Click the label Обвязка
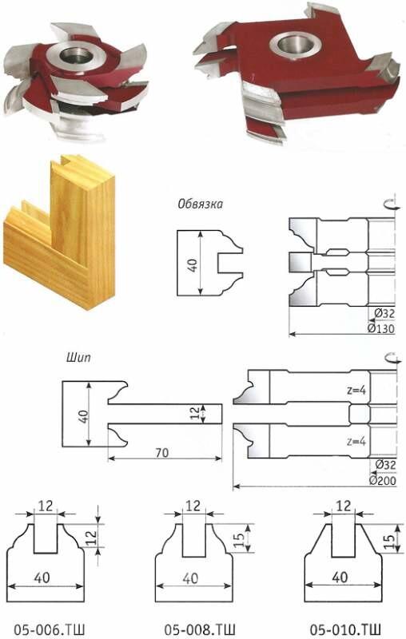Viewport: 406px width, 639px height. coord(200,204)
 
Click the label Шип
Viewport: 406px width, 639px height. coord(78,358)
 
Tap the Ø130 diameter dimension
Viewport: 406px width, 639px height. coord(381,328)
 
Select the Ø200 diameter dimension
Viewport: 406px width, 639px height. coord(382,480)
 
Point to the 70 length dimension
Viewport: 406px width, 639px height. coord(161,452)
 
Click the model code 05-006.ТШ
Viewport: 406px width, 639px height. coord(50,629)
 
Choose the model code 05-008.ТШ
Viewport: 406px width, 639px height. coord(200,629)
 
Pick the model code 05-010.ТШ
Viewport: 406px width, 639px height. coord(345,629)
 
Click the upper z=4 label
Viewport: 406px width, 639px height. coord(356,390)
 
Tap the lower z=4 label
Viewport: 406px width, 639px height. coord(356,441)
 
